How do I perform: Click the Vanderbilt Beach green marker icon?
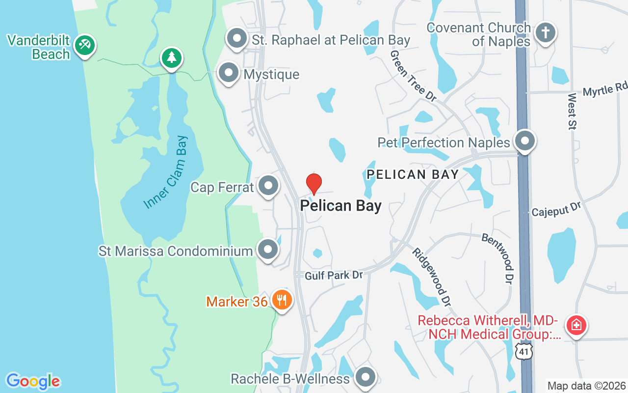click(85, 46)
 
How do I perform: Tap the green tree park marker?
click(171, 58)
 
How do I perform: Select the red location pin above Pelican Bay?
click(314, 184)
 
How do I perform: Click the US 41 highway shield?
click(524, 351)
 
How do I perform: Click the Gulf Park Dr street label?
click(333, 276)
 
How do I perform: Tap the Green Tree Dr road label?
click(413, 76)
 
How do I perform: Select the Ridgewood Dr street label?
click(431, 276)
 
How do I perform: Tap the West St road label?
click(573, 111)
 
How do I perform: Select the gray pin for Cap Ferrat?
click(268, 186)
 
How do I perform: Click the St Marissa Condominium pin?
click(268, 250)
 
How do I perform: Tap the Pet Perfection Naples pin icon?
click(525, 141)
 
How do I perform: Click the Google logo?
click(33, 381)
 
